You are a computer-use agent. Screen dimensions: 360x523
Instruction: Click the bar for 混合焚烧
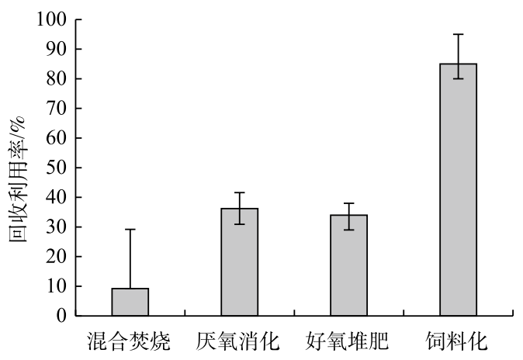[130, 302]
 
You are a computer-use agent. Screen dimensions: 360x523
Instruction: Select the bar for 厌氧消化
[240, 262]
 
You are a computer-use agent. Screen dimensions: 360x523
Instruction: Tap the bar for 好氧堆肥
[349, 265]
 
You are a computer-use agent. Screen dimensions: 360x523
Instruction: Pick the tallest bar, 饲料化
[459, 190]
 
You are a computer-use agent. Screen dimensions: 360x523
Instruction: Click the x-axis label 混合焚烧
[130, 341]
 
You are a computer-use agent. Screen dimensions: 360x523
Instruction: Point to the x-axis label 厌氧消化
[240, 341]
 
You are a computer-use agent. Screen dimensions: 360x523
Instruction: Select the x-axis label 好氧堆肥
[349, 341]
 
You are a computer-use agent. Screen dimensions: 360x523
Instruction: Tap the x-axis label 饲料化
[459, 341]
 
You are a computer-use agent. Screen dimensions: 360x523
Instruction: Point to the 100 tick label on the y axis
[52, 19]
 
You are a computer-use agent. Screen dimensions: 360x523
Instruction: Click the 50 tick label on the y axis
[57, 168]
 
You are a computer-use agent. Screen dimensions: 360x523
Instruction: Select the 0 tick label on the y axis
[61, 316]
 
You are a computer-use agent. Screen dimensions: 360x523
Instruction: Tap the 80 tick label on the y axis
[57, 79]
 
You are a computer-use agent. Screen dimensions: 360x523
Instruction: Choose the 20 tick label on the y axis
[57, 257]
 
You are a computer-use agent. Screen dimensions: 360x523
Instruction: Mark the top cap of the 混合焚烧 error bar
[130, 230]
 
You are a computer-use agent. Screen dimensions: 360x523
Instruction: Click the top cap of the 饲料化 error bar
[459, 34]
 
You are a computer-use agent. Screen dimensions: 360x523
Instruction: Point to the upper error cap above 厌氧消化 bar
[240, 192]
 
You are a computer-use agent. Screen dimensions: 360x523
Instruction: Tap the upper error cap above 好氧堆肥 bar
[349, 203]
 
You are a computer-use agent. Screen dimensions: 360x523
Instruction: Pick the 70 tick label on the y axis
[57, 109]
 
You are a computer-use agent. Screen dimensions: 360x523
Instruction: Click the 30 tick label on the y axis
[57, 227]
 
